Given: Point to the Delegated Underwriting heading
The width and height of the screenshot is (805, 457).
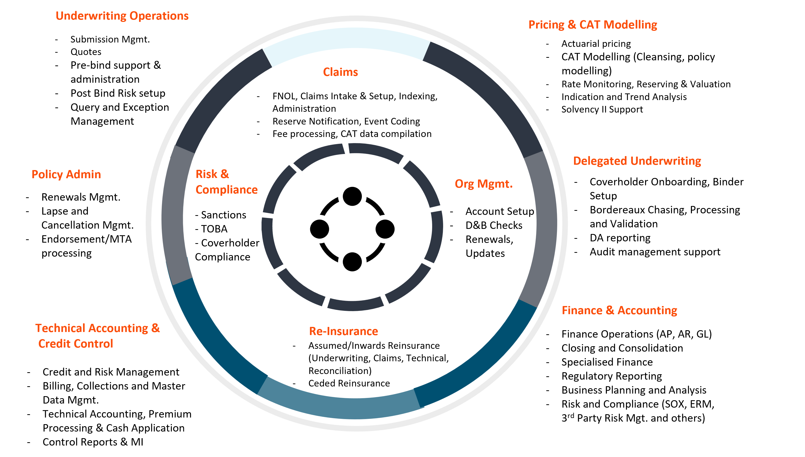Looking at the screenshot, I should [x=637, y=161].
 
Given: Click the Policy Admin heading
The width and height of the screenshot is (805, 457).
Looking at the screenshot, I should [x=66, y=174].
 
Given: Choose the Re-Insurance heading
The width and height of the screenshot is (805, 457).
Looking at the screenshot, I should [x=344, y=331].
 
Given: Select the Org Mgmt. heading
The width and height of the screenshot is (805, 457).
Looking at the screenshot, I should [x=484, y=184].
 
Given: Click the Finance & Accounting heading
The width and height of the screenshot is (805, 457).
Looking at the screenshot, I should [x=619, y=310].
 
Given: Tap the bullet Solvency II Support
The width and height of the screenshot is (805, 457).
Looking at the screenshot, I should [x=602, y=109].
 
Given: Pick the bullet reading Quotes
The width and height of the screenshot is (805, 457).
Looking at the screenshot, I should [x=86, y=52].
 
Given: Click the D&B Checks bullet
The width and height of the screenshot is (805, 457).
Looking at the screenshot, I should [x=494, y=225].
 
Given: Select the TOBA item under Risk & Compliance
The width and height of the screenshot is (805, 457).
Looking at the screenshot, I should [x=214, y=229].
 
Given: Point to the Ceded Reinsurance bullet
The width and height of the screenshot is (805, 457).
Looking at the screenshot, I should [x=349, y=383].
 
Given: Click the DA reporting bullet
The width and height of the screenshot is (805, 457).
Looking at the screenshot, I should [x=620, y=238].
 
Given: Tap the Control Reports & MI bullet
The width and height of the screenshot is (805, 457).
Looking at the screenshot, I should [x=93, y=442].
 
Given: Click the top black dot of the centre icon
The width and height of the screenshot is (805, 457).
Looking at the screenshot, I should [x=352, y=197].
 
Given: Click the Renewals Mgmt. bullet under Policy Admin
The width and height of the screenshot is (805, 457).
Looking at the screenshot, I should [x=81, y=197].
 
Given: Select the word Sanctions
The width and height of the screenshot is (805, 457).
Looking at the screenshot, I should [x=223, y=215].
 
